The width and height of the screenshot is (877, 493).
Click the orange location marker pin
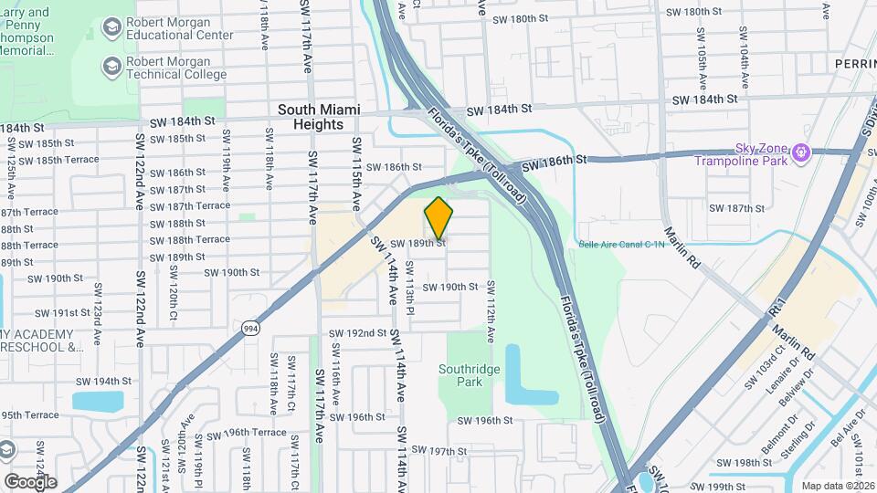point(438,217)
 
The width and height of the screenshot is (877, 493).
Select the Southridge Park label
point(460,376)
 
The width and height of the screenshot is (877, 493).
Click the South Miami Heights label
point(311,117)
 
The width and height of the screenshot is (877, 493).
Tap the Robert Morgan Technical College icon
point(112,66)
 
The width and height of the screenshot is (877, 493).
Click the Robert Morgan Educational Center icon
point(112,27)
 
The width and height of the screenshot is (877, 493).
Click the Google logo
point(30,481)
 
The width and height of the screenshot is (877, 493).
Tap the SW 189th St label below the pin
point(418,244)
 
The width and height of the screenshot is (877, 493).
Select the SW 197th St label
point(439,451)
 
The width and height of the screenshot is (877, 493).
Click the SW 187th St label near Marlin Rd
point(736,208)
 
